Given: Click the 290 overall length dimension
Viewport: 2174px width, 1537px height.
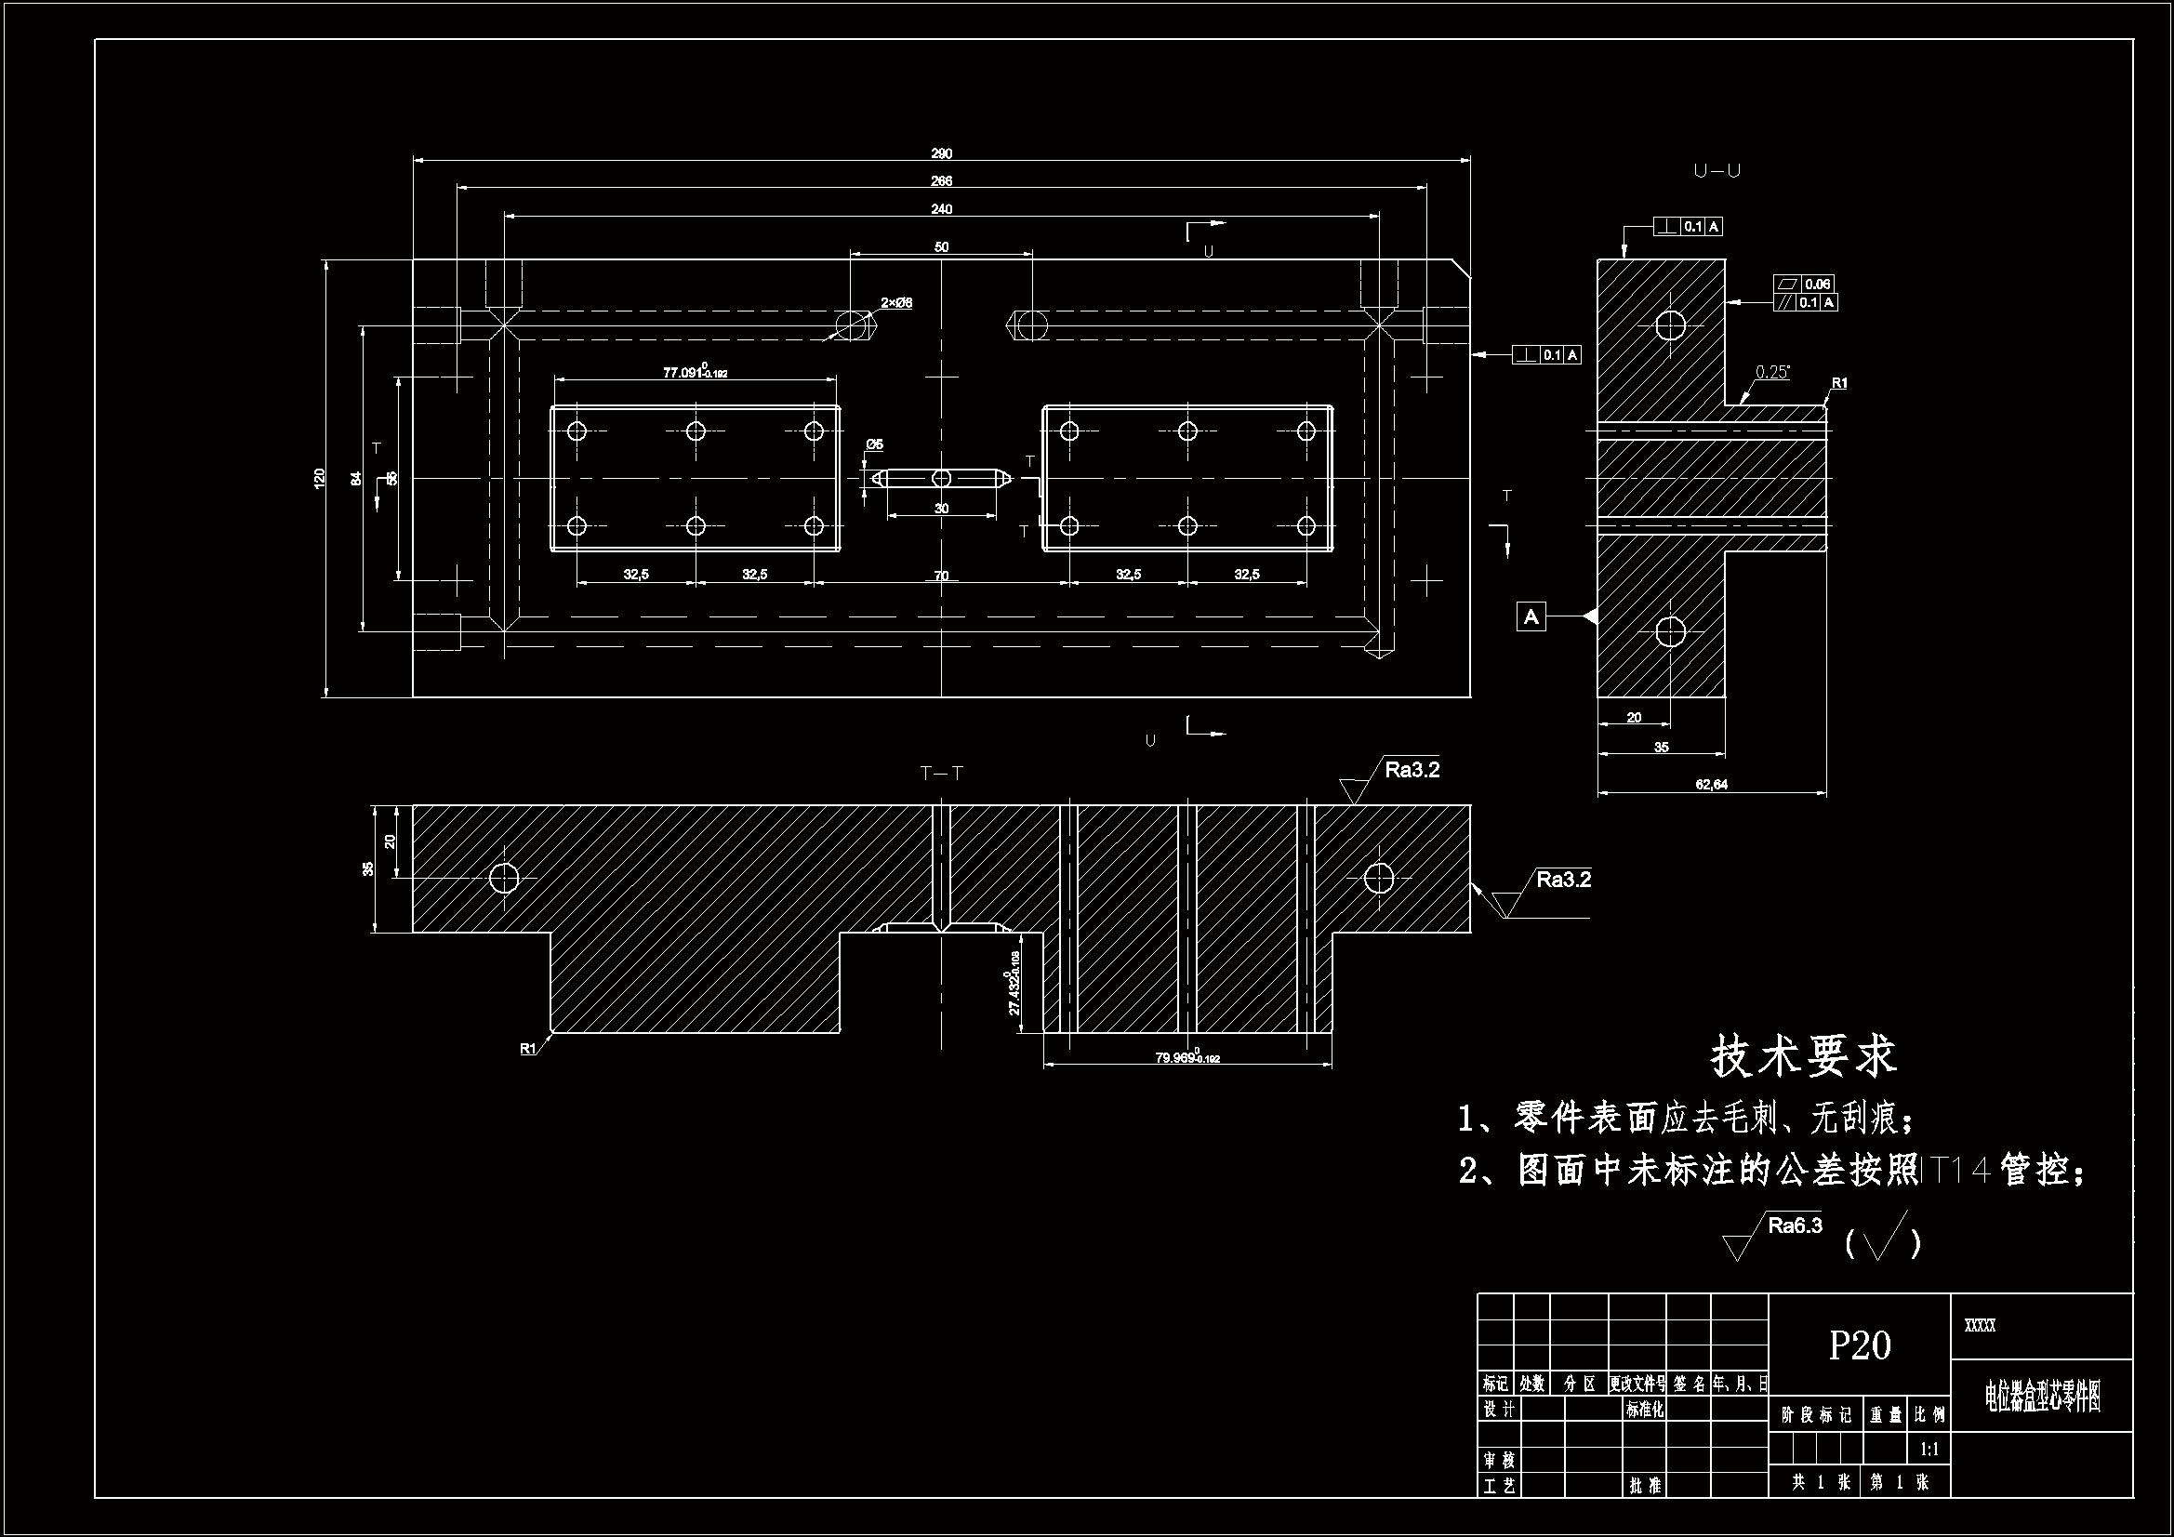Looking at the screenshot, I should (941, 153).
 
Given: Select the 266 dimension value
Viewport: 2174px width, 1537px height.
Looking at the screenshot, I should (941, 181).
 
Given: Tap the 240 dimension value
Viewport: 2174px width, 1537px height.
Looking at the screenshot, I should (941, 209).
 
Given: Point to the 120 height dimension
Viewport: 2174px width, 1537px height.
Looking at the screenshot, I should (320, 477).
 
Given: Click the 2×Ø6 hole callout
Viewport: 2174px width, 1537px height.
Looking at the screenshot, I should (896, 303).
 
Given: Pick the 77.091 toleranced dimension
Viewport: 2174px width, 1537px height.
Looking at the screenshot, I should (694, 372).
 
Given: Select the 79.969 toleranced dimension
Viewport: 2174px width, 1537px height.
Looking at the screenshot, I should (1186, 1058).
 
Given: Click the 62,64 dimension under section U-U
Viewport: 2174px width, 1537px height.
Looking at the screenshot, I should (1711, 784).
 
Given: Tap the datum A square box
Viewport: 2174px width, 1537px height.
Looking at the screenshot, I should (1531, 616).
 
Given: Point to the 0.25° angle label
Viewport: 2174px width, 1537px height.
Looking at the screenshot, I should (1772, 372).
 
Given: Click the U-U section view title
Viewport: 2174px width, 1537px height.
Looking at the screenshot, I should (1717, 171).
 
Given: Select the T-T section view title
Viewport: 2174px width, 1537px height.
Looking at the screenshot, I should (941, 774).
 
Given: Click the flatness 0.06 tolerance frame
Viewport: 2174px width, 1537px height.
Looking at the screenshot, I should (1805, 284).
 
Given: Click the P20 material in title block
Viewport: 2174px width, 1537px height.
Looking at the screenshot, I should (1860, 1345).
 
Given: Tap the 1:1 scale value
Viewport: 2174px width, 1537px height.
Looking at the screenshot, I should (1929, 1449).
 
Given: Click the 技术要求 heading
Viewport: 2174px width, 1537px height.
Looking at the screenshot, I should (1804, 1057).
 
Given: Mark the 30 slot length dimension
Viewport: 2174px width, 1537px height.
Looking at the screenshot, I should (941, 509).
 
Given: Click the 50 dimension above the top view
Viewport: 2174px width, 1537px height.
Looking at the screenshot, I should (941, 247).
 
